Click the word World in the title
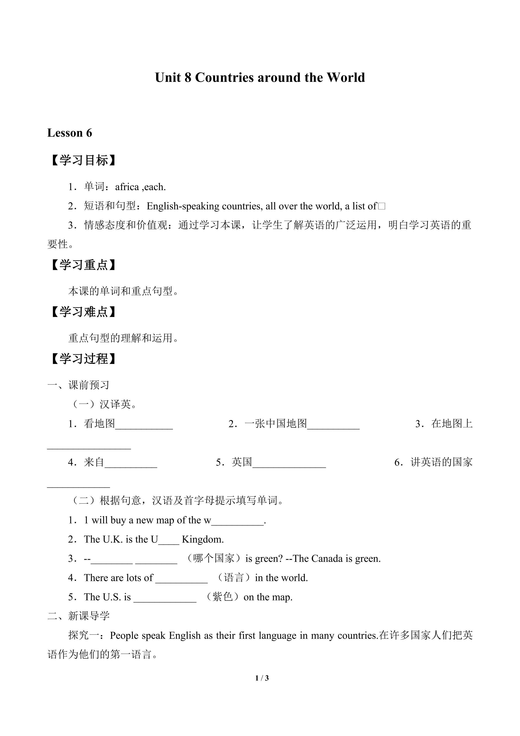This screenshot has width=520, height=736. (x=346, y=78)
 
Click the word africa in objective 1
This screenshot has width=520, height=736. (x=127, y=187)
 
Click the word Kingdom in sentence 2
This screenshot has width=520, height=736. (x=203, y=539)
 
